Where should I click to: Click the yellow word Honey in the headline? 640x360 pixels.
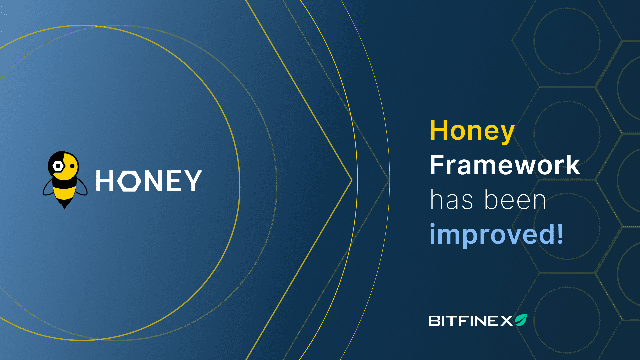(x=472, y=131)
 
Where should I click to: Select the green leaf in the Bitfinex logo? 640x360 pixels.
(x=521, y=320)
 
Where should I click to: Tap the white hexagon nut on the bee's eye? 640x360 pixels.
(x=58, y=166)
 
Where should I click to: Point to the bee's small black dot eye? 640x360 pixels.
(x=72, y=166)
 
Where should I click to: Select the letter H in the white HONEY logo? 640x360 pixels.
(x=104, y=181)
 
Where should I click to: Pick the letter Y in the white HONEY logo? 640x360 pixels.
(x=193, y=181)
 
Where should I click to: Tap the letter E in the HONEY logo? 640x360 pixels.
(x=174, y=181)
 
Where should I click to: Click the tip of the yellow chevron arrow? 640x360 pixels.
(x=352, y=180)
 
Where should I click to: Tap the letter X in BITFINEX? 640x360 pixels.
(x=506, y=321)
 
